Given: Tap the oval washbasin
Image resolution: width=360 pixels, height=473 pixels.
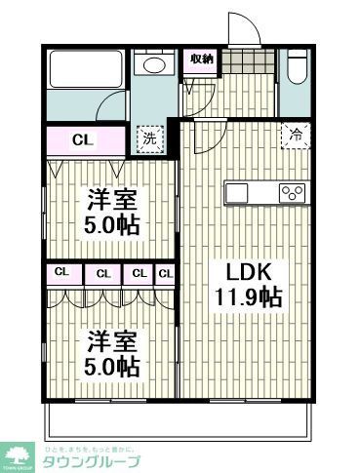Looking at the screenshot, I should click(153, 65).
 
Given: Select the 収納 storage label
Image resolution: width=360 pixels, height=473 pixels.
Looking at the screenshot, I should click(202, 59).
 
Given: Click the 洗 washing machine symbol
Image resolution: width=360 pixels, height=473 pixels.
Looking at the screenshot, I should click(150, 138).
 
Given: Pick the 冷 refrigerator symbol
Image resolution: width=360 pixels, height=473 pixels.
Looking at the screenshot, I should click(293, 138).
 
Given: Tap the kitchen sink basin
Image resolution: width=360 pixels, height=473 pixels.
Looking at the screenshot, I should click(243, 192).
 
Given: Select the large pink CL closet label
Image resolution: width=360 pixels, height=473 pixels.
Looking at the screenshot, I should click(84, 139).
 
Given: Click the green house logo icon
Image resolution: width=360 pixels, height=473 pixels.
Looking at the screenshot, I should click(17, 453).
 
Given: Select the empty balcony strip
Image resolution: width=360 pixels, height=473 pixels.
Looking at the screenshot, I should click(176, 416).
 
